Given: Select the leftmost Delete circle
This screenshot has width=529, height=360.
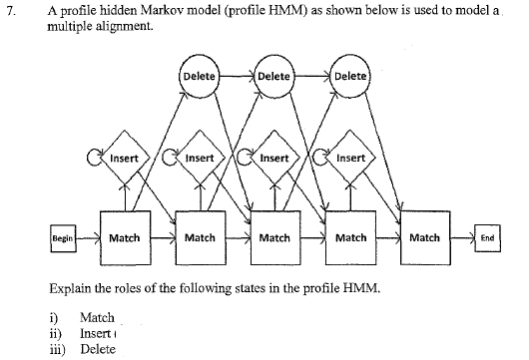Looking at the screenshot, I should click(199, 77).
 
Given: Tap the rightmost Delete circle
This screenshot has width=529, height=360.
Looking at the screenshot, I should click(350, 77).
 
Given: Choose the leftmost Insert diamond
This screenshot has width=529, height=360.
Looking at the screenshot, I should click(124, 159).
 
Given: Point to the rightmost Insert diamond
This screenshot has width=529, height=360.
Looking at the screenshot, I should click(348, 159).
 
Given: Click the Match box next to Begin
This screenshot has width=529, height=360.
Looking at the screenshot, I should click(124, 238).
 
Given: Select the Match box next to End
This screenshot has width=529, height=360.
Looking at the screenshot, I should click(424, 238).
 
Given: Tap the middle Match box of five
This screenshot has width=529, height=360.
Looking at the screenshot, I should click(273, 238).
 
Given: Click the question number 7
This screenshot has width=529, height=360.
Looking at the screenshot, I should click(13, 12).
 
